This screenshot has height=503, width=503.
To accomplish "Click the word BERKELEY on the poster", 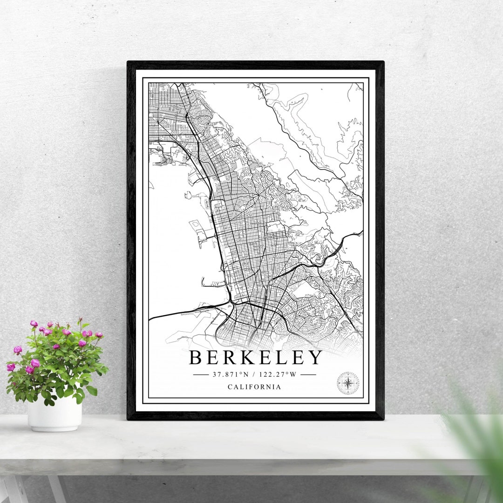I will (x=255, y=358).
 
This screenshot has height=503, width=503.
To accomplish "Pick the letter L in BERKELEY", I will (x=279, y=358).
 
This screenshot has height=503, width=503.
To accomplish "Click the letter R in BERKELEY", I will (x=228, y=358).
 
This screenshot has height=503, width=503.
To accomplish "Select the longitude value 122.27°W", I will (x=278, y=374).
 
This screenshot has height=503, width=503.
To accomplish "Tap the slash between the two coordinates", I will (x=254, y=374).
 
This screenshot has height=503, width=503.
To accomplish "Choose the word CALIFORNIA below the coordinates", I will (x=254, y=387).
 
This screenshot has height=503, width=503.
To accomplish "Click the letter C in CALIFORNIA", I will (x=230, y=387).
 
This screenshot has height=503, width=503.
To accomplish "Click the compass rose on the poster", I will (x=348, y=383).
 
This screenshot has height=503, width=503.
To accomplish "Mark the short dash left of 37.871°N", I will (x=201, y=374).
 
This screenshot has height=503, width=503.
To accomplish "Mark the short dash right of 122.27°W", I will (x=308, y=374).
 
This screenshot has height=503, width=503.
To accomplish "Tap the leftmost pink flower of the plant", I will (x=11, y=367).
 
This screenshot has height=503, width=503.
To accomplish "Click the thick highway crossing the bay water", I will (x=186, y=312).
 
